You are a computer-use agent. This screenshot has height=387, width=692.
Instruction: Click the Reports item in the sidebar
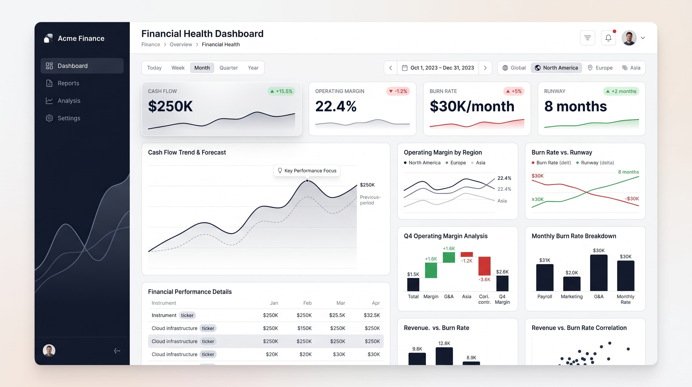click(x=68, y=83)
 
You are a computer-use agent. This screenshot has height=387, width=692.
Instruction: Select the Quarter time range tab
click(x=229, y=68)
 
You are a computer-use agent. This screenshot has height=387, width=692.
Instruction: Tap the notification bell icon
click(x=609, y=38)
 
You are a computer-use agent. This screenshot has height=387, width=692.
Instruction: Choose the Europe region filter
click(x=600, y=68)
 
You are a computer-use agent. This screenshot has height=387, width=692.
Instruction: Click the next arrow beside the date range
click(x=485, y=68)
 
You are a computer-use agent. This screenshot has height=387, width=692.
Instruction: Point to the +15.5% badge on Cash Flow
click(x=281, y=91)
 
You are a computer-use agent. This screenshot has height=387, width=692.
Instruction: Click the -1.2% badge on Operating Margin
click(x=398, y=91)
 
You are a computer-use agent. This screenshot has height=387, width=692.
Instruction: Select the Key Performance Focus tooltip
click(x=307, y=171)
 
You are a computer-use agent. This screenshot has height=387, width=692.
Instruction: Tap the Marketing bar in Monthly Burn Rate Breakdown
click(x=572, y=284)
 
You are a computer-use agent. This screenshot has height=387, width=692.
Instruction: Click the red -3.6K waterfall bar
click(x=484, y=266)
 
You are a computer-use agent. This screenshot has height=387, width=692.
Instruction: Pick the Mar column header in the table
click(x=341, y=303)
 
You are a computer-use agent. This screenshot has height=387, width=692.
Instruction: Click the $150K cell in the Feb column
click(x=304, y=328)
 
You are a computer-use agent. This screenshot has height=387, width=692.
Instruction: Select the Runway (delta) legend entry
click(x=595, y=163)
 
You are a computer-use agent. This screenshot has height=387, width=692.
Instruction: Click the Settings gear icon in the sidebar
click(x=49, y=118)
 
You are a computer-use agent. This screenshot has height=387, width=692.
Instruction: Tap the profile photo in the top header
click(x=629, y=38)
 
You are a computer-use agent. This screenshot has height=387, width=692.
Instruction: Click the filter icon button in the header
click(x=587, y=38)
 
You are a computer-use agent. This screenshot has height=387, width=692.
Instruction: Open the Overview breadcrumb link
click(x=181, y=44)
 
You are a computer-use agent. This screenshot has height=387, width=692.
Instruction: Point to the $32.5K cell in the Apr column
click(x=372, y=315)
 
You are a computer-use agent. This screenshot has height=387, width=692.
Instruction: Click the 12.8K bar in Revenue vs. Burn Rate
click(x=444, y=356)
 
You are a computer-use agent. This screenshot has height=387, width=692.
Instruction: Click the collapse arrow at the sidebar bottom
click(x=117, y=351)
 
